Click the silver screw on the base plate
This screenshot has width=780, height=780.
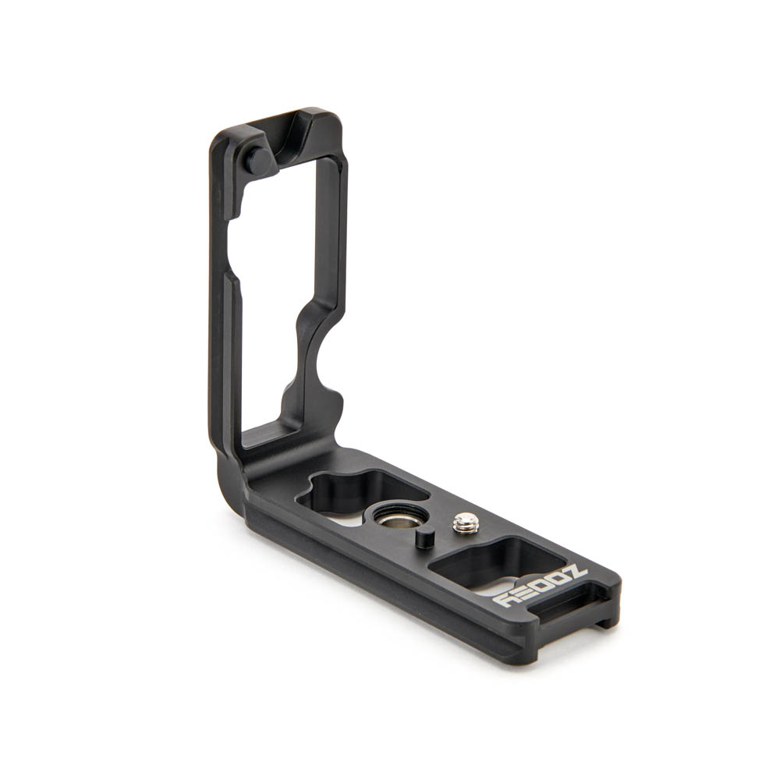pos(466,523)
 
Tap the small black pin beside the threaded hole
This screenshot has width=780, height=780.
pos(425,538)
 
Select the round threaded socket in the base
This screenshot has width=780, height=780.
pos(399,516)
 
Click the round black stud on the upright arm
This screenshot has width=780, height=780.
pos(258,161)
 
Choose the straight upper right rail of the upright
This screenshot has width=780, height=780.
pos(329,234)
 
